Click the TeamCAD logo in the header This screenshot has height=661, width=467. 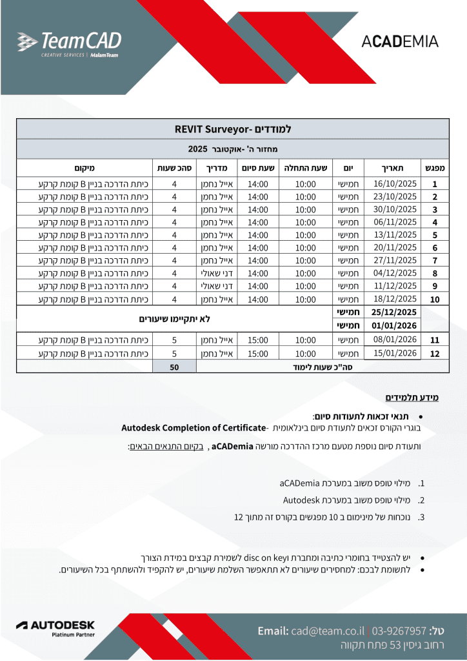point(69,43)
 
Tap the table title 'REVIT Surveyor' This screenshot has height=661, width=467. point(233,129)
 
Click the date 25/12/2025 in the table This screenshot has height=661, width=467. point(395,312)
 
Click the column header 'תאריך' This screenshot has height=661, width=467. point(395,167)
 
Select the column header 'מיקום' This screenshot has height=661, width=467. point(84,167)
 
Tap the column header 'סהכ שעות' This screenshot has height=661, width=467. point(174,167)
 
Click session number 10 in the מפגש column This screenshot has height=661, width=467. point(435,300)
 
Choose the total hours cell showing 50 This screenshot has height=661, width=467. point(174,367)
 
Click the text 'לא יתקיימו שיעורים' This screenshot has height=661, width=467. point(175,319)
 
